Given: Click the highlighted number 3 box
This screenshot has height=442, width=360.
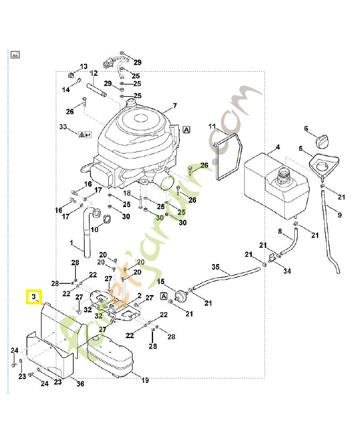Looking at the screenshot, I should [34, 298].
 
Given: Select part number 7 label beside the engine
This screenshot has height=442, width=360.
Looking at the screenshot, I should [174, 106].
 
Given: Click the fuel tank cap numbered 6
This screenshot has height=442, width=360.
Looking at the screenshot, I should [322, 140].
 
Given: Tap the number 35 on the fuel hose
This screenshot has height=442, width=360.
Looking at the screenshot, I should [216, 267].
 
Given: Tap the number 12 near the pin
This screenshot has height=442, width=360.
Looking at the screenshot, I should [93, 73].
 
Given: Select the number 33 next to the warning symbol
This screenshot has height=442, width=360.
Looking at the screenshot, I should [64, 128].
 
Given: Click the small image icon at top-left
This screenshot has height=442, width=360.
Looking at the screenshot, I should [15, 54].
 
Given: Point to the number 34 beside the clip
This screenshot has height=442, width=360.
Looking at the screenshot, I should [287, 271].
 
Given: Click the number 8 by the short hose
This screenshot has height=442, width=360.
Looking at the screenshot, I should [280, 231].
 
